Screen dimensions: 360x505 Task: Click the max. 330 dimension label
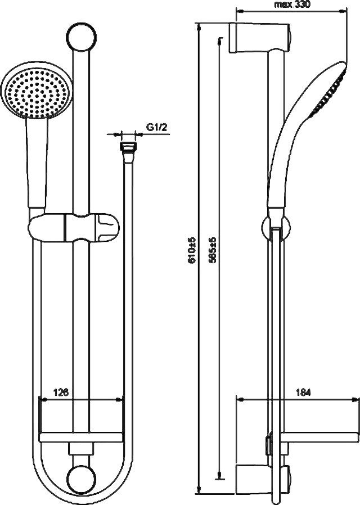click(x=292, y=4)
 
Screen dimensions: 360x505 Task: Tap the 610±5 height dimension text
click(x=192, y=251)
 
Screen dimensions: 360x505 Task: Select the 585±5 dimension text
click(x=212, y=251)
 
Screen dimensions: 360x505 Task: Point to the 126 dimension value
click(x=61, y=393)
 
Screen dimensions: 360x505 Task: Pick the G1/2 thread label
click(x=157, y=127)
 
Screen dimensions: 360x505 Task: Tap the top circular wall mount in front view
click(x=82, y=36)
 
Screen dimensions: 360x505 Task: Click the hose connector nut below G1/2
click(x=128, y=147)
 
